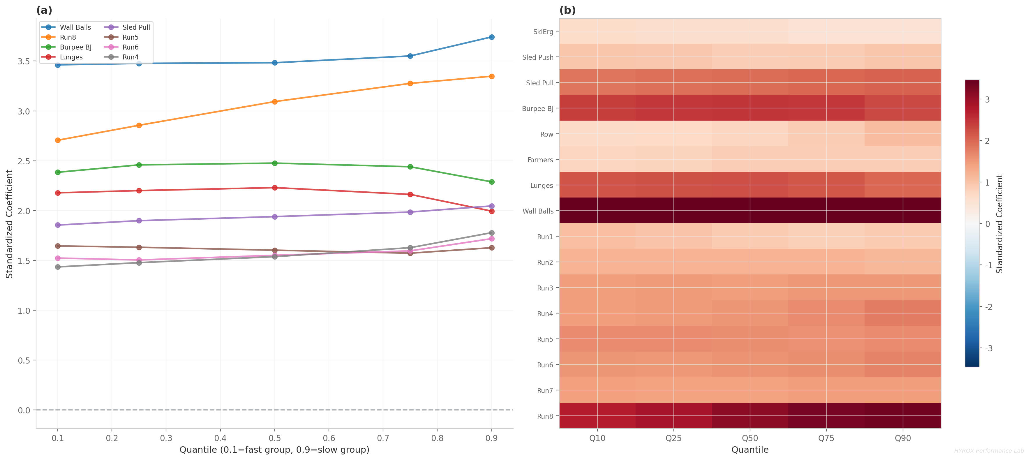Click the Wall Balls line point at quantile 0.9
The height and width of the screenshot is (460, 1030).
click(x=491, y=37)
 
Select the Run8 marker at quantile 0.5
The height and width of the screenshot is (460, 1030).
click(x=275, y=102)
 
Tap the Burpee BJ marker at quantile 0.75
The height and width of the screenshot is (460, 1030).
click(x=410, y=167)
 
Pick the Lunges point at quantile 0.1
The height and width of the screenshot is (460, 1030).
click(x=58, y=193)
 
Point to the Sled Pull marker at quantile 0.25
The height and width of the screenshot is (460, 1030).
click(x=139, y=221)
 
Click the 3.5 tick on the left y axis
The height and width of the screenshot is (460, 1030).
click(x=24, y=61)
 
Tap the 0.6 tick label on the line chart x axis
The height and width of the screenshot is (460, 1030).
click(x=329, y=438)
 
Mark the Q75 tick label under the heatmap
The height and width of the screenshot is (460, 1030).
click(x=826, y=438)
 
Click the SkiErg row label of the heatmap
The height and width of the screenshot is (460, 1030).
click(x=543, y=31)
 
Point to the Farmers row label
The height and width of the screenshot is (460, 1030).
click(x=540, y=160)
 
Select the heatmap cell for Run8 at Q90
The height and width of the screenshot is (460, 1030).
click(x=902, y=416)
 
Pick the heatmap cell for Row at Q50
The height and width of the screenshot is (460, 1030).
click(x=750, y=134)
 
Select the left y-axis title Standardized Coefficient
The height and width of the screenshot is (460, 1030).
click(x=9, y=224)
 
